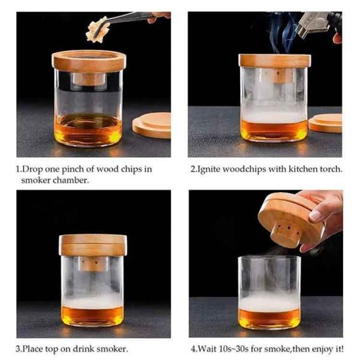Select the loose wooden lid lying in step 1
152,125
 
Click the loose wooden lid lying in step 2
325,123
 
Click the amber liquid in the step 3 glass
92,315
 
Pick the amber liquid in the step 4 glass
269,318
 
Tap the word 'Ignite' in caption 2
208,170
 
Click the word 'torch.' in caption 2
331,169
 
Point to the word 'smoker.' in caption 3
113,349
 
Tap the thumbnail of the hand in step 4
315,216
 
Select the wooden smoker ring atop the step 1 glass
89,60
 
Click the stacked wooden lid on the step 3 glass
93,245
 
